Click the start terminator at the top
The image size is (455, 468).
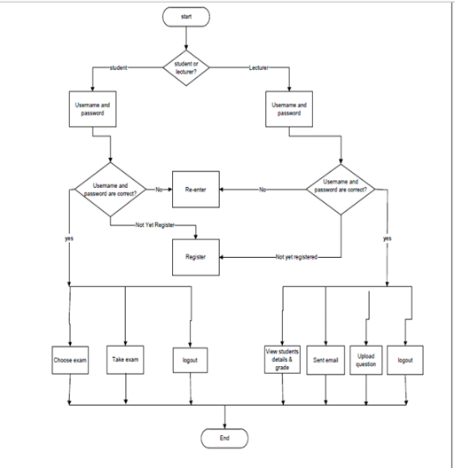(x=186, y=16)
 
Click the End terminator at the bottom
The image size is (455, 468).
(x=224, y=438)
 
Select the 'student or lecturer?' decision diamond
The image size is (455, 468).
(x=186, y=67)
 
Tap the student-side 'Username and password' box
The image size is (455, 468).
(x=92, y=109)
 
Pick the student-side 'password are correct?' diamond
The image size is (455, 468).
(x=109, y=190)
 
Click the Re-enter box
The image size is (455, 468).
(x=196, y=190)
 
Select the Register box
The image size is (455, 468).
(x=196, y=256)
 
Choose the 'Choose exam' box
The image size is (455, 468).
(x=69, y=360)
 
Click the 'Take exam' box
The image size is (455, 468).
(x=125, y=360)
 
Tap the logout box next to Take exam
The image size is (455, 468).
(x=190, y=360)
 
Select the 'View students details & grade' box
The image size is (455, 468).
(x=281, y=360)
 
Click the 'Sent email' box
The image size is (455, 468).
(x=325, y=360)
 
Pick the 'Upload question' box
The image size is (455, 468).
(x=365, y=360)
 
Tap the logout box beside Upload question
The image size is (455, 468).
(x=405, y=360)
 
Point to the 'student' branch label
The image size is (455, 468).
(x=119, y=67)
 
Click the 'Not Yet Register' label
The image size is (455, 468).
(x=156, y=225)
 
